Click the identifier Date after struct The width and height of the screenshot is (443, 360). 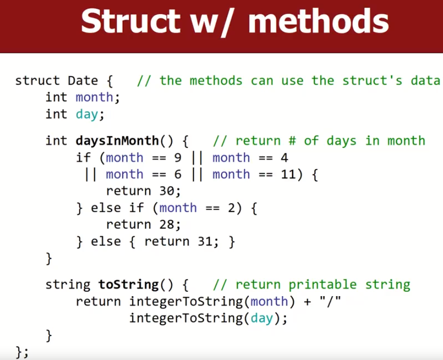83,81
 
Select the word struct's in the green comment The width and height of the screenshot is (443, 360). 372,81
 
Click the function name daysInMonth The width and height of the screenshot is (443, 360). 117,141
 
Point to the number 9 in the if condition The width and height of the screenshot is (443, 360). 178,158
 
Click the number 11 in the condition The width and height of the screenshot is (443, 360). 288,174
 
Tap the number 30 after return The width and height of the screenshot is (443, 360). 166,191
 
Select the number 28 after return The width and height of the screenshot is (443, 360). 166,225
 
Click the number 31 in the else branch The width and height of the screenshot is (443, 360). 205,242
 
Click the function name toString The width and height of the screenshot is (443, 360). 129,285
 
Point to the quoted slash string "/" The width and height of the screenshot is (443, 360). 330,300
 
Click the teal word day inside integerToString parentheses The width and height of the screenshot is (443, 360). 261,318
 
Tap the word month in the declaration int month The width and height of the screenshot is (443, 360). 95,98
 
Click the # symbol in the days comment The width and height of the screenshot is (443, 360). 292,141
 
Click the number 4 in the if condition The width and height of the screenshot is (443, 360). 285,158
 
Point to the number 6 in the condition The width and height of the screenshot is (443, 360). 178,174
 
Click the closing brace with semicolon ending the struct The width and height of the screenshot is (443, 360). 22,352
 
